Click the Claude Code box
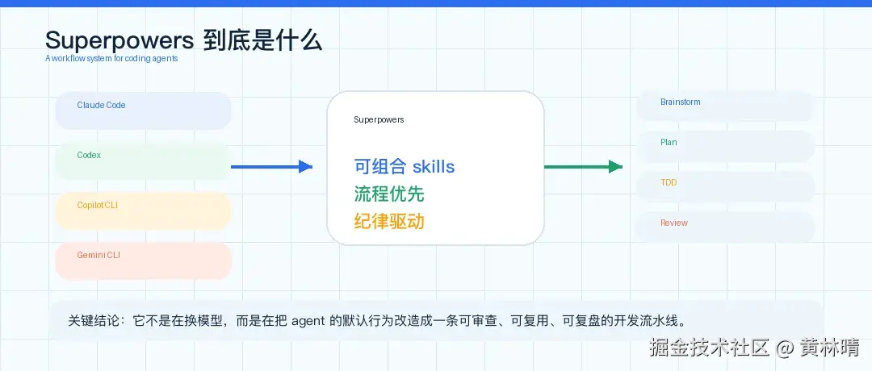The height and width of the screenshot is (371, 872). (144, 110)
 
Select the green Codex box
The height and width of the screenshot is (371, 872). (144, 160)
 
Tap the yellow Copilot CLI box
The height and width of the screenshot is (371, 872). (144, 211)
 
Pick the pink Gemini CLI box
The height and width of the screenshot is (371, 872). (144, 261)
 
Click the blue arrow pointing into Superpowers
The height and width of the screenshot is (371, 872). (271, 167)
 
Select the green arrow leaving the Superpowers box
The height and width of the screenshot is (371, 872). (583, 167)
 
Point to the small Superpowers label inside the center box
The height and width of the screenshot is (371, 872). (379, 119)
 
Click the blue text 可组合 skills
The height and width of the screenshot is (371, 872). (405, 166)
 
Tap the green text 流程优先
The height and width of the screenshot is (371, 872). (388, 194)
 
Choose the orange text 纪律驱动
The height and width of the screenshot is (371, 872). (388, 221)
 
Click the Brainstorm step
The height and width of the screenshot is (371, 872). (725, 106)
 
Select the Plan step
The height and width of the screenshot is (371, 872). (725, 146)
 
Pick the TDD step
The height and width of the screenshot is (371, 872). (725, 186)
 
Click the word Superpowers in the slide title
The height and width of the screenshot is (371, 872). (119, 41)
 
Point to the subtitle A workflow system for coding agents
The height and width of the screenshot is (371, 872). (111, 58)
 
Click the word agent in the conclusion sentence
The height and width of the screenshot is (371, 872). (308, 322)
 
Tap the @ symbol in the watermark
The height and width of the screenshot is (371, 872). (785, 348)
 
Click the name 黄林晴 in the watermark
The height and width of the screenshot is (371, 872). (829, 348)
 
